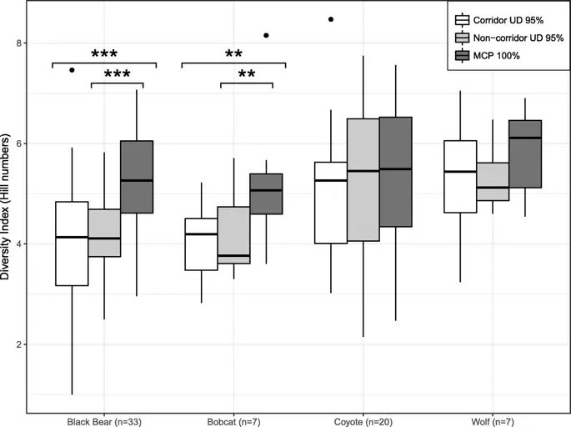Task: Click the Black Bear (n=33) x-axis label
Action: [x=104, y=419]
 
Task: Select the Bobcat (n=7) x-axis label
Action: [x=233, y=419]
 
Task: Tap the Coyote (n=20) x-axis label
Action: [x=363, y=419]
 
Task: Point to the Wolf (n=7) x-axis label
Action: [x=493, y=419]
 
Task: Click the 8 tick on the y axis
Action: [x=19, y=43]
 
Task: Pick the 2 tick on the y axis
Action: [x=19, y=344]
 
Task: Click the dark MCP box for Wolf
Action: [x=525, y=154]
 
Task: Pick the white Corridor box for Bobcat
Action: [x=202, y=244]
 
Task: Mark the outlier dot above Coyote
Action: [x=331, y=18]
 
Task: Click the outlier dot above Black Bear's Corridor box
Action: [x=72, y=70]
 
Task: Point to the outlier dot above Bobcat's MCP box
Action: [x=266, y=36]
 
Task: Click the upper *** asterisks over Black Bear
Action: [x=104, y=55]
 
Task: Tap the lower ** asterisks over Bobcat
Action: [x=247, y=75]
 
